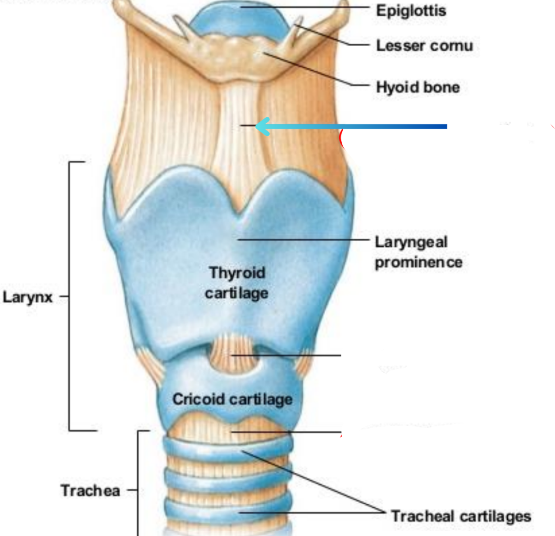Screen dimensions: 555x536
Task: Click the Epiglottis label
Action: pos(410,10)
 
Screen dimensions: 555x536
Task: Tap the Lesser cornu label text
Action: pos(424,46)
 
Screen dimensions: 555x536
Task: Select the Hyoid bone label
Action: pos(418,87)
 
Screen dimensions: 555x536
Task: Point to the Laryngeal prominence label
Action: pos(418,252)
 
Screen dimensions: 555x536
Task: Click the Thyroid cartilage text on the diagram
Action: pos(237,283)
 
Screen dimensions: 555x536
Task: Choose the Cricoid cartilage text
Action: pos(232,400)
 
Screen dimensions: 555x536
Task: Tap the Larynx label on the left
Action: pos(27,297)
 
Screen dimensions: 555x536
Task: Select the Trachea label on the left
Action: pos(90,490)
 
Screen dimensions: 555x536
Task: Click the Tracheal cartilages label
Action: pos(461,516)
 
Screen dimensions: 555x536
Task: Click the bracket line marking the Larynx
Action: pos(70,243)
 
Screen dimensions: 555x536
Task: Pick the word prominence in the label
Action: pos(418,262)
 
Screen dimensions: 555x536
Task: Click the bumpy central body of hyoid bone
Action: pos(239,54)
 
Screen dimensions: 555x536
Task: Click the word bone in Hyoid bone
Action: pos(442,87)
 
